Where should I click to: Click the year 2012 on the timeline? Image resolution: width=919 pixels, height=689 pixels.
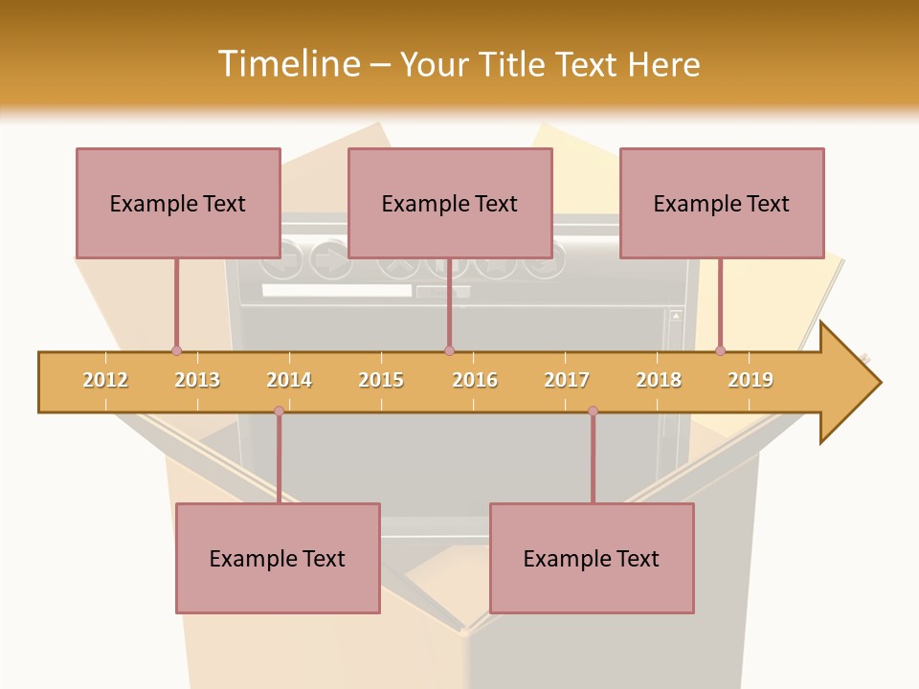[105, 380]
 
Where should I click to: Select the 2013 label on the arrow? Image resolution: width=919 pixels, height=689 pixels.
[197, 380]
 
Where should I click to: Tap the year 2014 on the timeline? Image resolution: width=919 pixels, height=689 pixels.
[289, 380]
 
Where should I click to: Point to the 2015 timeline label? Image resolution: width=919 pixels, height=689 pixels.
[381, 380]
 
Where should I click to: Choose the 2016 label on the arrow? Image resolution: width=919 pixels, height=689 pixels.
[475, 380]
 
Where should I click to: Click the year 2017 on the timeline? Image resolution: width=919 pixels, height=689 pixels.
[567, 380]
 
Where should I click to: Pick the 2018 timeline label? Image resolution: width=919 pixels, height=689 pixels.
[659, 380]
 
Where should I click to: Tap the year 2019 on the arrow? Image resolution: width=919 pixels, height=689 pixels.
[751, 380]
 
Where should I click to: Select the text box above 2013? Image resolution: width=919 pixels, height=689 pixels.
[178, 203]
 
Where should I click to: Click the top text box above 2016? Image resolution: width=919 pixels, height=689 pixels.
[450, 203]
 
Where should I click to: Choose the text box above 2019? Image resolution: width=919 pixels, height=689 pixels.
[722, 203]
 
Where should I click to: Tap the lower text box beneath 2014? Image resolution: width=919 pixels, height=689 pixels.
[278, 558]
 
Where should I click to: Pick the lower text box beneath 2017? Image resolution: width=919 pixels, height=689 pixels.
[592, 558]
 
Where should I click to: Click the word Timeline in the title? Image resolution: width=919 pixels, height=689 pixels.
[287, 64]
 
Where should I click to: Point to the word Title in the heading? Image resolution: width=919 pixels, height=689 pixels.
[514, 64]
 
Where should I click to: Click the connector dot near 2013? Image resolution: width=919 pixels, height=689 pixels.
[176, 350]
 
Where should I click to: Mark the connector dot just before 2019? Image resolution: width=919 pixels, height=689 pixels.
[720, 350]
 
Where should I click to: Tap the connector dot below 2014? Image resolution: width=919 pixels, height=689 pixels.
[279, 411]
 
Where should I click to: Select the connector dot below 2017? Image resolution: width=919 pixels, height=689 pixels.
[593, 411]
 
